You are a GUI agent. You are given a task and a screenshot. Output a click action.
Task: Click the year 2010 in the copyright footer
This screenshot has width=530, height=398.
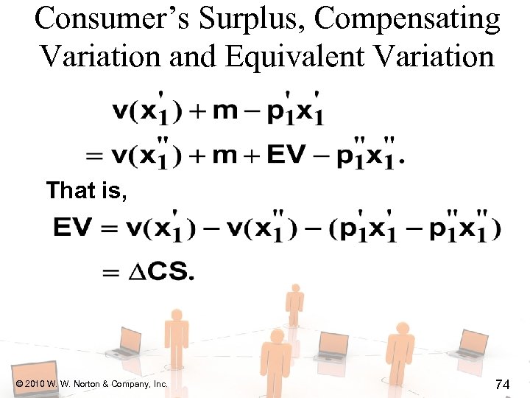tap(37, 384)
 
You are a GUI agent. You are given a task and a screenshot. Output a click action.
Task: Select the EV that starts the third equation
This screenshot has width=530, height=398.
tap(71, 228)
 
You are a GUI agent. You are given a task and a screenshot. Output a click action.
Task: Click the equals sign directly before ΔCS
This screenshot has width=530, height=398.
tap(111, 273)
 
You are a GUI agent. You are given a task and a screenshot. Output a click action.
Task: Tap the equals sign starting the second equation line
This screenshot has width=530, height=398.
tap(94, 155)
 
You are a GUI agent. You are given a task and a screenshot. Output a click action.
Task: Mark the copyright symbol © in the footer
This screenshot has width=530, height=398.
tap(18, 384)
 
